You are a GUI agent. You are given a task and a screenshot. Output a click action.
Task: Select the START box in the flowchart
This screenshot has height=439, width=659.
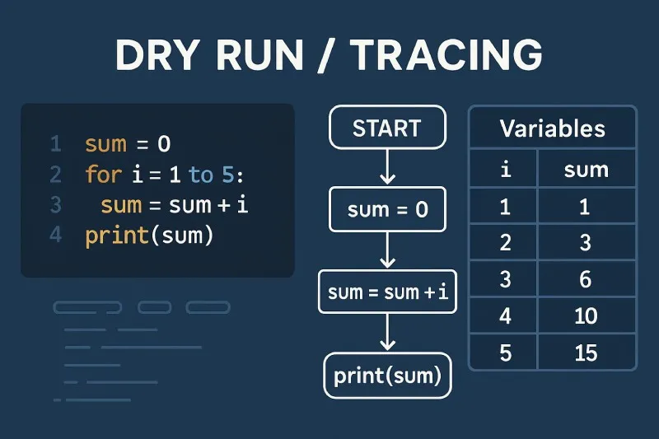[386, 129]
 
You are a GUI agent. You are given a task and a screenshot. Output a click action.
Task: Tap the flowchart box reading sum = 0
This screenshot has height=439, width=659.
[387, 209]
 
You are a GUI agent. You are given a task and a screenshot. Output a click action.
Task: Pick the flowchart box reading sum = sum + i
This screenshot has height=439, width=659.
[387, 292]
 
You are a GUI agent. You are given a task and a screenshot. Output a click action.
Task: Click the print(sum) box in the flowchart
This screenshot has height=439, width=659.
[387, 376]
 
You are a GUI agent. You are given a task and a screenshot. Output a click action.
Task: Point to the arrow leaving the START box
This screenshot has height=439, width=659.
[386, 168]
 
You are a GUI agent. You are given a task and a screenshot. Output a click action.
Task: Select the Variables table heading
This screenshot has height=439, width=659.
[552, 128]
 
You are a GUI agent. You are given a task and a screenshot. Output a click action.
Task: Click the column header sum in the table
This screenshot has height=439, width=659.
[586, 170]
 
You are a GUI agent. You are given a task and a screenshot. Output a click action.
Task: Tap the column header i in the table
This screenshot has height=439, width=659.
[504, 170]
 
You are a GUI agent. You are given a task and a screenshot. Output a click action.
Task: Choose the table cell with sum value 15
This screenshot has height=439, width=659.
[586, 353]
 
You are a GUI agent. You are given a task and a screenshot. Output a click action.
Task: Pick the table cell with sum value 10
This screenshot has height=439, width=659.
[586, 316]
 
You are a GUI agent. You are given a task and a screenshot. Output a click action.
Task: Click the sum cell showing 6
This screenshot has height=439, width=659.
[586, 279]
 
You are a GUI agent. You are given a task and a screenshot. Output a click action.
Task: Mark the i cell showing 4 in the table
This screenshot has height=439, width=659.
[504, 316]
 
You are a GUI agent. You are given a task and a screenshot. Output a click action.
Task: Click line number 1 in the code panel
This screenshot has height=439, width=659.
[56, 145]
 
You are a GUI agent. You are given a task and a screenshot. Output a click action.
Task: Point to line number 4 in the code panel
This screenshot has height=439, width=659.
[56, 236]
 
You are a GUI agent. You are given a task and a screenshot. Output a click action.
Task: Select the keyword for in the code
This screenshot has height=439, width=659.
[101, 175]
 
